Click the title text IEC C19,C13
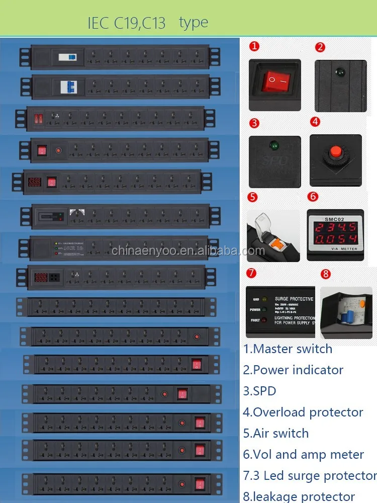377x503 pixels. (x=127, y=23)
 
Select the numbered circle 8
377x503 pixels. (x=326, y=274)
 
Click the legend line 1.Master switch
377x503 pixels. (x=288, y=349)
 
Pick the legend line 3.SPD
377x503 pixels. (x=259, y=391)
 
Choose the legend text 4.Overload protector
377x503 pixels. (x=303, y=412)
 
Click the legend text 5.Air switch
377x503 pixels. (x=275, y=433)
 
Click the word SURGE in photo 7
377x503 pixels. (x=284, y=299)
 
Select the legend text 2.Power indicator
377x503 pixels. (x=293, y=370)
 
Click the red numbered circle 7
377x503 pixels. (x=251, y=273)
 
